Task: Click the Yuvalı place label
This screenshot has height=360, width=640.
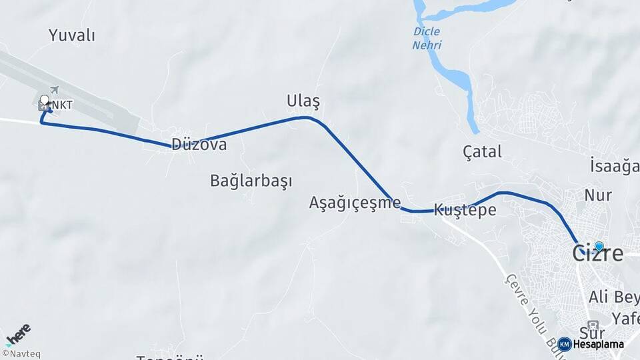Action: click(71, 35)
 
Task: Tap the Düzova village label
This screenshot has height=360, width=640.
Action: click(199, 145)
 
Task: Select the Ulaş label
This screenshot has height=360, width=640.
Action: click(303, 101)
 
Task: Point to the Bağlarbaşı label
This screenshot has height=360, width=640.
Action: click(251, 181)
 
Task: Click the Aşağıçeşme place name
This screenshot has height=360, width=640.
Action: click(355, 203)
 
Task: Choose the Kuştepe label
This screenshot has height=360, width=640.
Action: click(465, 210)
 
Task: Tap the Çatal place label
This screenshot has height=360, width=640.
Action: click(482, 152)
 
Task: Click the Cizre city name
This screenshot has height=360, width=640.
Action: click(598, 254)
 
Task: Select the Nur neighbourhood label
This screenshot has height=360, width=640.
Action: click(597, 195)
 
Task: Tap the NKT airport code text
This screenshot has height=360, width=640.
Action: click(63, 105)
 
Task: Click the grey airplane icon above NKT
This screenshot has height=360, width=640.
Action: click(54, 90)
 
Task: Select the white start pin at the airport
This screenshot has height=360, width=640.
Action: click(45, 101)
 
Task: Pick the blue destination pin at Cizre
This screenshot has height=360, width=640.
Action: click(599, 246)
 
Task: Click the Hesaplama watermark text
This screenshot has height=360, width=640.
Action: click(598, 345)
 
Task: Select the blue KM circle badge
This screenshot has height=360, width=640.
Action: click(565, 345)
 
